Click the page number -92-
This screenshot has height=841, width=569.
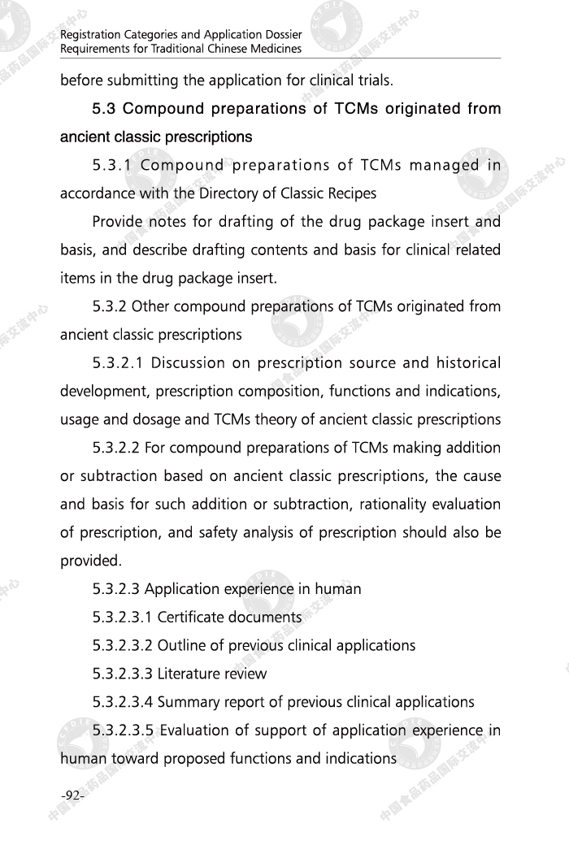pyautogui.click(x=72, y=795)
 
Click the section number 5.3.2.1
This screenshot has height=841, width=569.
pyautogui.click(x=117, y=363)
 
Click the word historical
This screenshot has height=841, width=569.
pyautogui.click(x=469, y=363)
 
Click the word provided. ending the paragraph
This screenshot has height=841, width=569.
pyautogui.click(x=91, y=561)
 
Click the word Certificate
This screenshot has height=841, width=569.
pyautogui.click(x=190, y=617)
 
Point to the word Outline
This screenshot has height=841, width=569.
pyautogui.click(x=183, y=645)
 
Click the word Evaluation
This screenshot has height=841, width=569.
pyautogui.click(x=195, y=730)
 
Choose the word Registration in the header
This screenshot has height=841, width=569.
pyautogui.click(x=89, y=35)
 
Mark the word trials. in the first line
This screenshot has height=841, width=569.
pyautogui.click(x=375, y=80)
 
